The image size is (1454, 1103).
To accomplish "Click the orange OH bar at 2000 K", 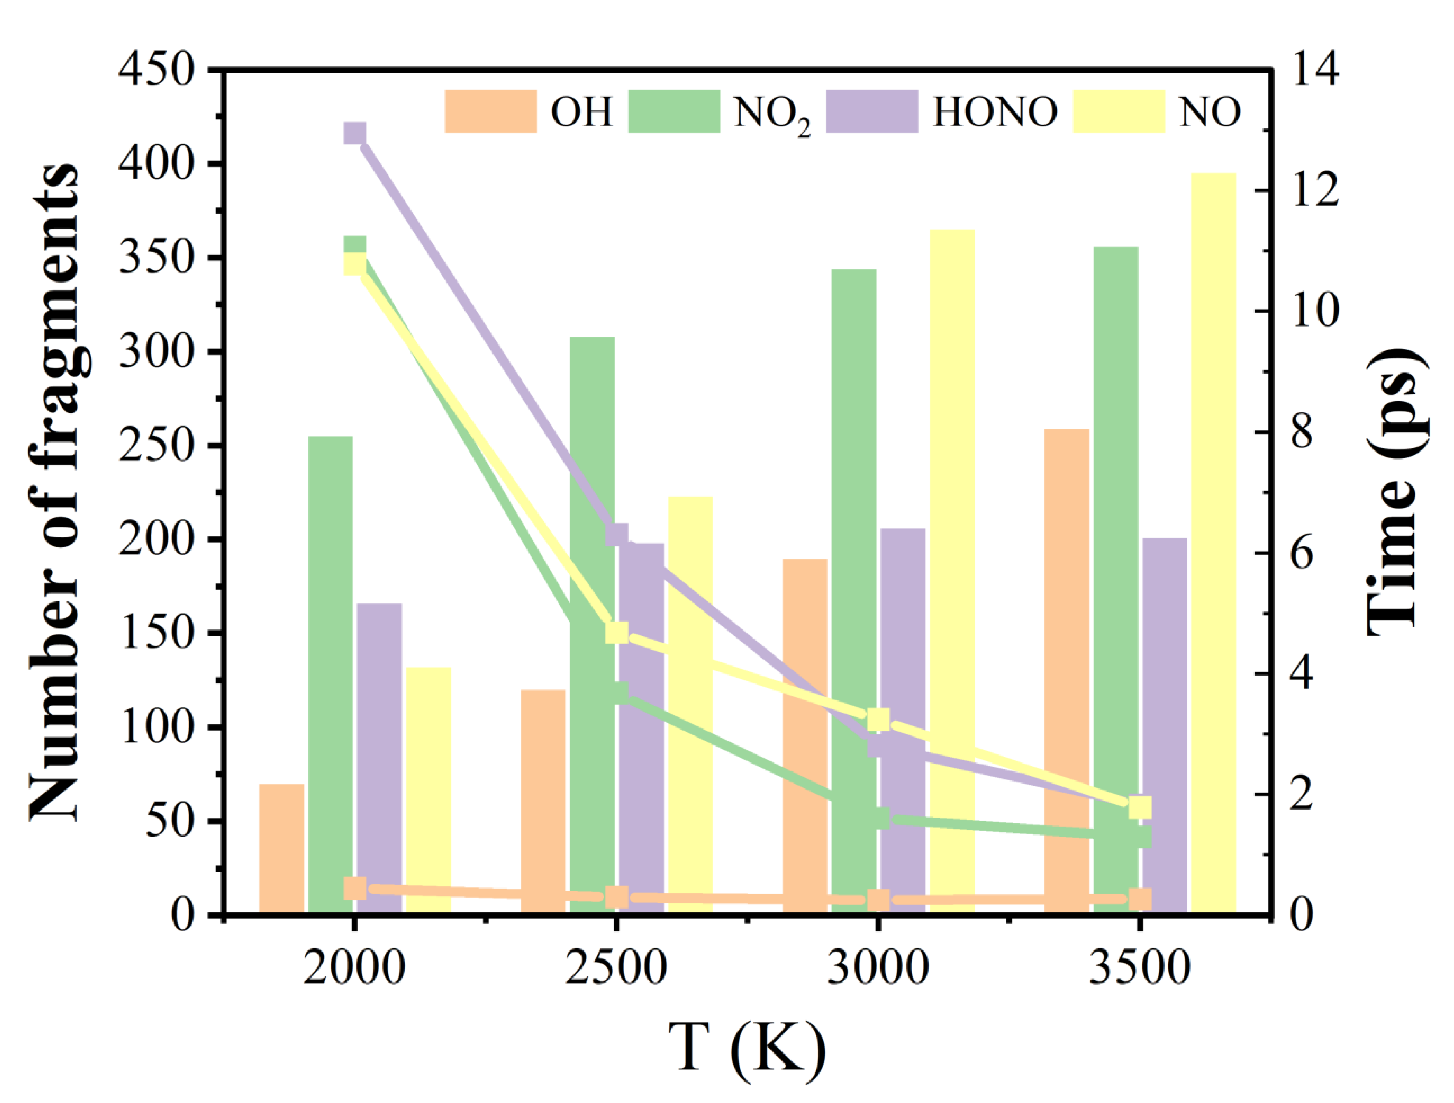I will pyautogui.click(x=281, y=848).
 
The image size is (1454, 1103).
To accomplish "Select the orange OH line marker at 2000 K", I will pyautogui.click(x=355, y=889).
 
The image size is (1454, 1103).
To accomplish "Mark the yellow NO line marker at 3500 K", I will pyautogui.click(x=1140, y=807).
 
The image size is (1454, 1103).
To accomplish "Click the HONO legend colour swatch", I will pyautogui.click(x=872, y=111).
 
